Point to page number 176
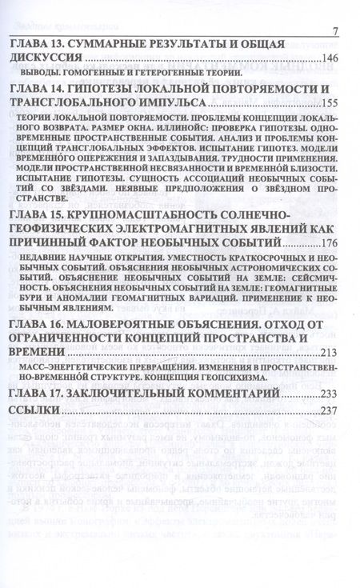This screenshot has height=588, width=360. pyautogui.click(x=330, y=244)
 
